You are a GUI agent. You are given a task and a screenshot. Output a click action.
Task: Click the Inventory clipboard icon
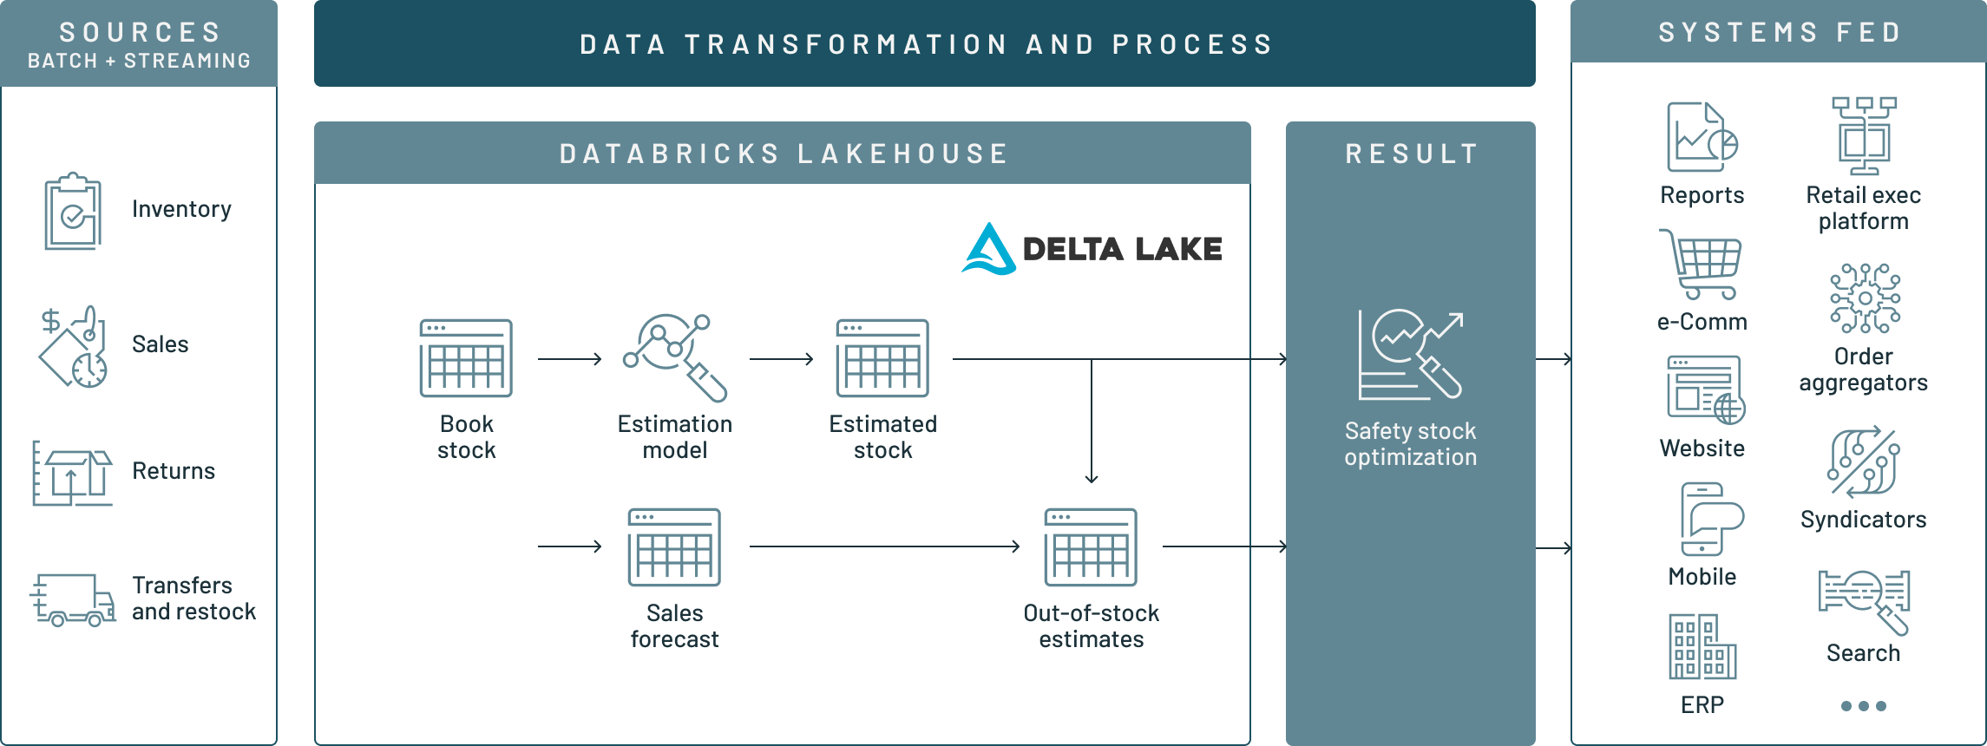click(x=73, y=211)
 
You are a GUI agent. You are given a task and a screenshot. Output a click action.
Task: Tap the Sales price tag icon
click(x=73, y=346)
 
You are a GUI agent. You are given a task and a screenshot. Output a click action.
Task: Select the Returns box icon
click(x=73, y=473)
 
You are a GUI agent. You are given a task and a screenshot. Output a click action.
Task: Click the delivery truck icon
click(x=73, y=599)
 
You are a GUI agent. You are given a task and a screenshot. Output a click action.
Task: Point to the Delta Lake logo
click(x=1092, y=249)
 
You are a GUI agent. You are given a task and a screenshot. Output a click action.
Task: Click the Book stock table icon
click(x=466, y=358)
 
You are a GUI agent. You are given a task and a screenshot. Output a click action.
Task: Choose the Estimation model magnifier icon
click(x=675, y=357)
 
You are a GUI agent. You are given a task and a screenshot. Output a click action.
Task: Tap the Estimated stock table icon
click(x=882, y=358)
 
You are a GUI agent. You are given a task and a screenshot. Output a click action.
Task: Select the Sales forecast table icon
click(x=674, y=547)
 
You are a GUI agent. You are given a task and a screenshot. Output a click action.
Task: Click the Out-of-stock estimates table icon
click(x=1091, y=547)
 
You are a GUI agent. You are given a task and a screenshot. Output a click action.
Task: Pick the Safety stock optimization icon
click(x=1411, y=355)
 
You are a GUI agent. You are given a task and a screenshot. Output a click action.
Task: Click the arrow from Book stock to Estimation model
click(x=570, y=358)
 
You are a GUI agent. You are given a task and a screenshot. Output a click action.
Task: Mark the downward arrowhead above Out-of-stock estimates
click(x=1092, y=477)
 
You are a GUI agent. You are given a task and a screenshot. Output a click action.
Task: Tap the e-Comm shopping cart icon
click(x=1702, y=265)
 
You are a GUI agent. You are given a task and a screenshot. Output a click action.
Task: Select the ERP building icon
click(x=1702, y=646)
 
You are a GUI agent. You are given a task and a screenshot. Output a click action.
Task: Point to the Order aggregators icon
click(x=1865, y=298)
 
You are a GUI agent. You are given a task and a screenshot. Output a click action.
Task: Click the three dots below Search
click(x=1864, y=706)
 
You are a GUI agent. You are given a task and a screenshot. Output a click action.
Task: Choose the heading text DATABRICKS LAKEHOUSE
click(x=784, y=154)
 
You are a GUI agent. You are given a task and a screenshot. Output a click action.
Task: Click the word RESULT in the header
click(x=1412, y=154)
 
